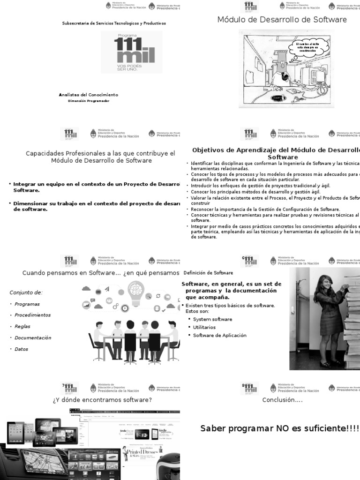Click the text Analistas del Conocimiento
[88, 95]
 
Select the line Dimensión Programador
[88, 101]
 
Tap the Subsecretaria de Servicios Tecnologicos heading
[114, 23]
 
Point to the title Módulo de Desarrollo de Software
[282, 20]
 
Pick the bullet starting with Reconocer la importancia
[265, 209]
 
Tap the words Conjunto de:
[26, 292]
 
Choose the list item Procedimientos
[32, 315]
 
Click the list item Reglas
[23, 326]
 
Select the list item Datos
[22, 349]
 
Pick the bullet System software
[212, 319]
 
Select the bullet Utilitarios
[204, 327]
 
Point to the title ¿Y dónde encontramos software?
[102, 400]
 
